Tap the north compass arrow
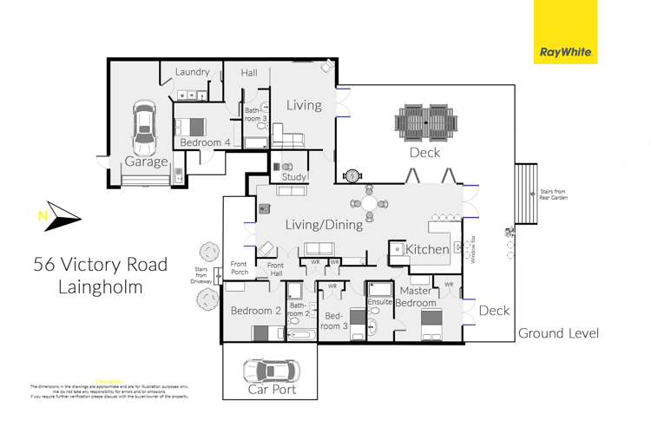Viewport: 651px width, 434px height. (55, 214)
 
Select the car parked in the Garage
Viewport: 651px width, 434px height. (144, 130)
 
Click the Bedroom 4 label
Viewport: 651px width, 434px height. (205, 142)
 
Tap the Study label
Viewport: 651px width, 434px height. (294, 178)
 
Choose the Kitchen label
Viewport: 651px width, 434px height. (426, 249)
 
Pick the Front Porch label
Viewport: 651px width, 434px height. (239, 268)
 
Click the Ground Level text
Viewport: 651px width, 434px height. (558, 333)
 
